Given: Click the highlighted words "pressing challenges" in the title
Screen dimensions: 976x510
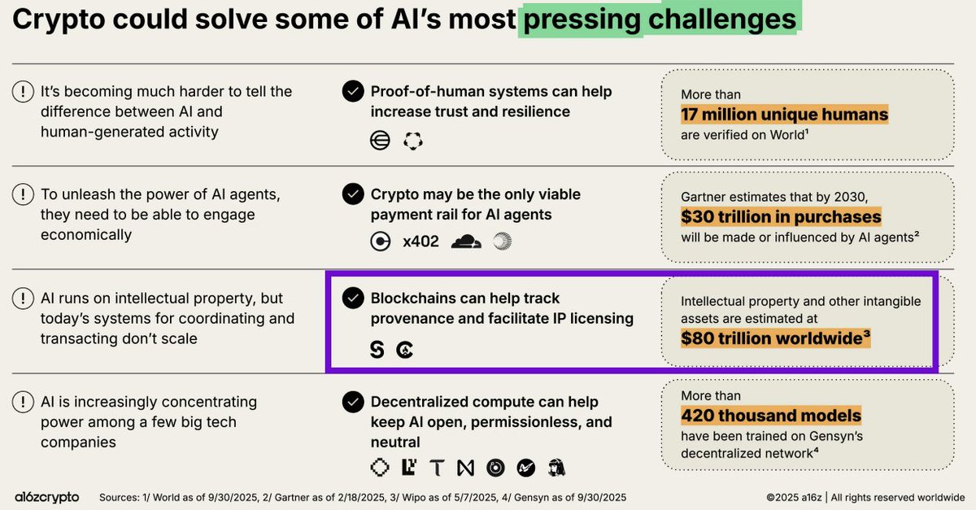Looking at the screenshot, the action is (x=660, y=20).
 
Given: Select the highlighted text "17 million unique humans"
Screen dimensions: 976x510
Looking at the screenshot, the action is (x=784, y=114).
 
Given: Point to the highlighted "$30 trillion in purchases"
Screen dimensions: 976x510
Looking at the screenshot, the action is (x=781, y=217).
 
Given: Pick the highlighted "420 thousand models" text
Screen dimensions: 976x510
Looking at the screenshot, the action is (x=771, y=416).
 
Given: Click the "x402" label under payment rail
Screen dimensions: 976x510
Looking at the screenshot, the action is (x=420, y=242).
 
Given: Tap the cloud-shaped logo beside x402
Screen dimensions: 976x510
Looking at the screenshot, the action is (x=467, y=241).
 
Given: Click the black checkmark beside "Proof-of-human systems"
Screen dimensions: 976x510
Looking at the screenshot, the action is (x=352, y=92).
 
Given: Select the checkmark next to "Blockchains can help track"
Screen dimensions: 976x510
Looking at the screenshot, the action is (x=352, y=299).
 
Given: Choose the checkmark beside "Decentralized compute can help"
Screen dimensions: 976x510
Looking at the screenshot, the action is (x=352, y=402).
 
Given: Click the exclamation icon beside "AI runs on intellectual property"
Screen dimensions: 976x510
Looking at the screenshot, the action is (x=22, y=299).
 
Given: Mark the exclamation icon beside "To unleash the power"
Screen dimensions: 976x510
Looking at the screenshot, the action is (x=22, y=195).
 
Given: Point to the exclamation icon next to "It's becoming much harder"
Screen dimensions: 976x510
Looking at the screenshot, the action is (x=22, y=92).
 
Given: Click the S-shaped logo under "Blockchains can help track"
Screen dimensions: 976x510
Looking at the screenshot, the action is (x=377, y=350).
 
